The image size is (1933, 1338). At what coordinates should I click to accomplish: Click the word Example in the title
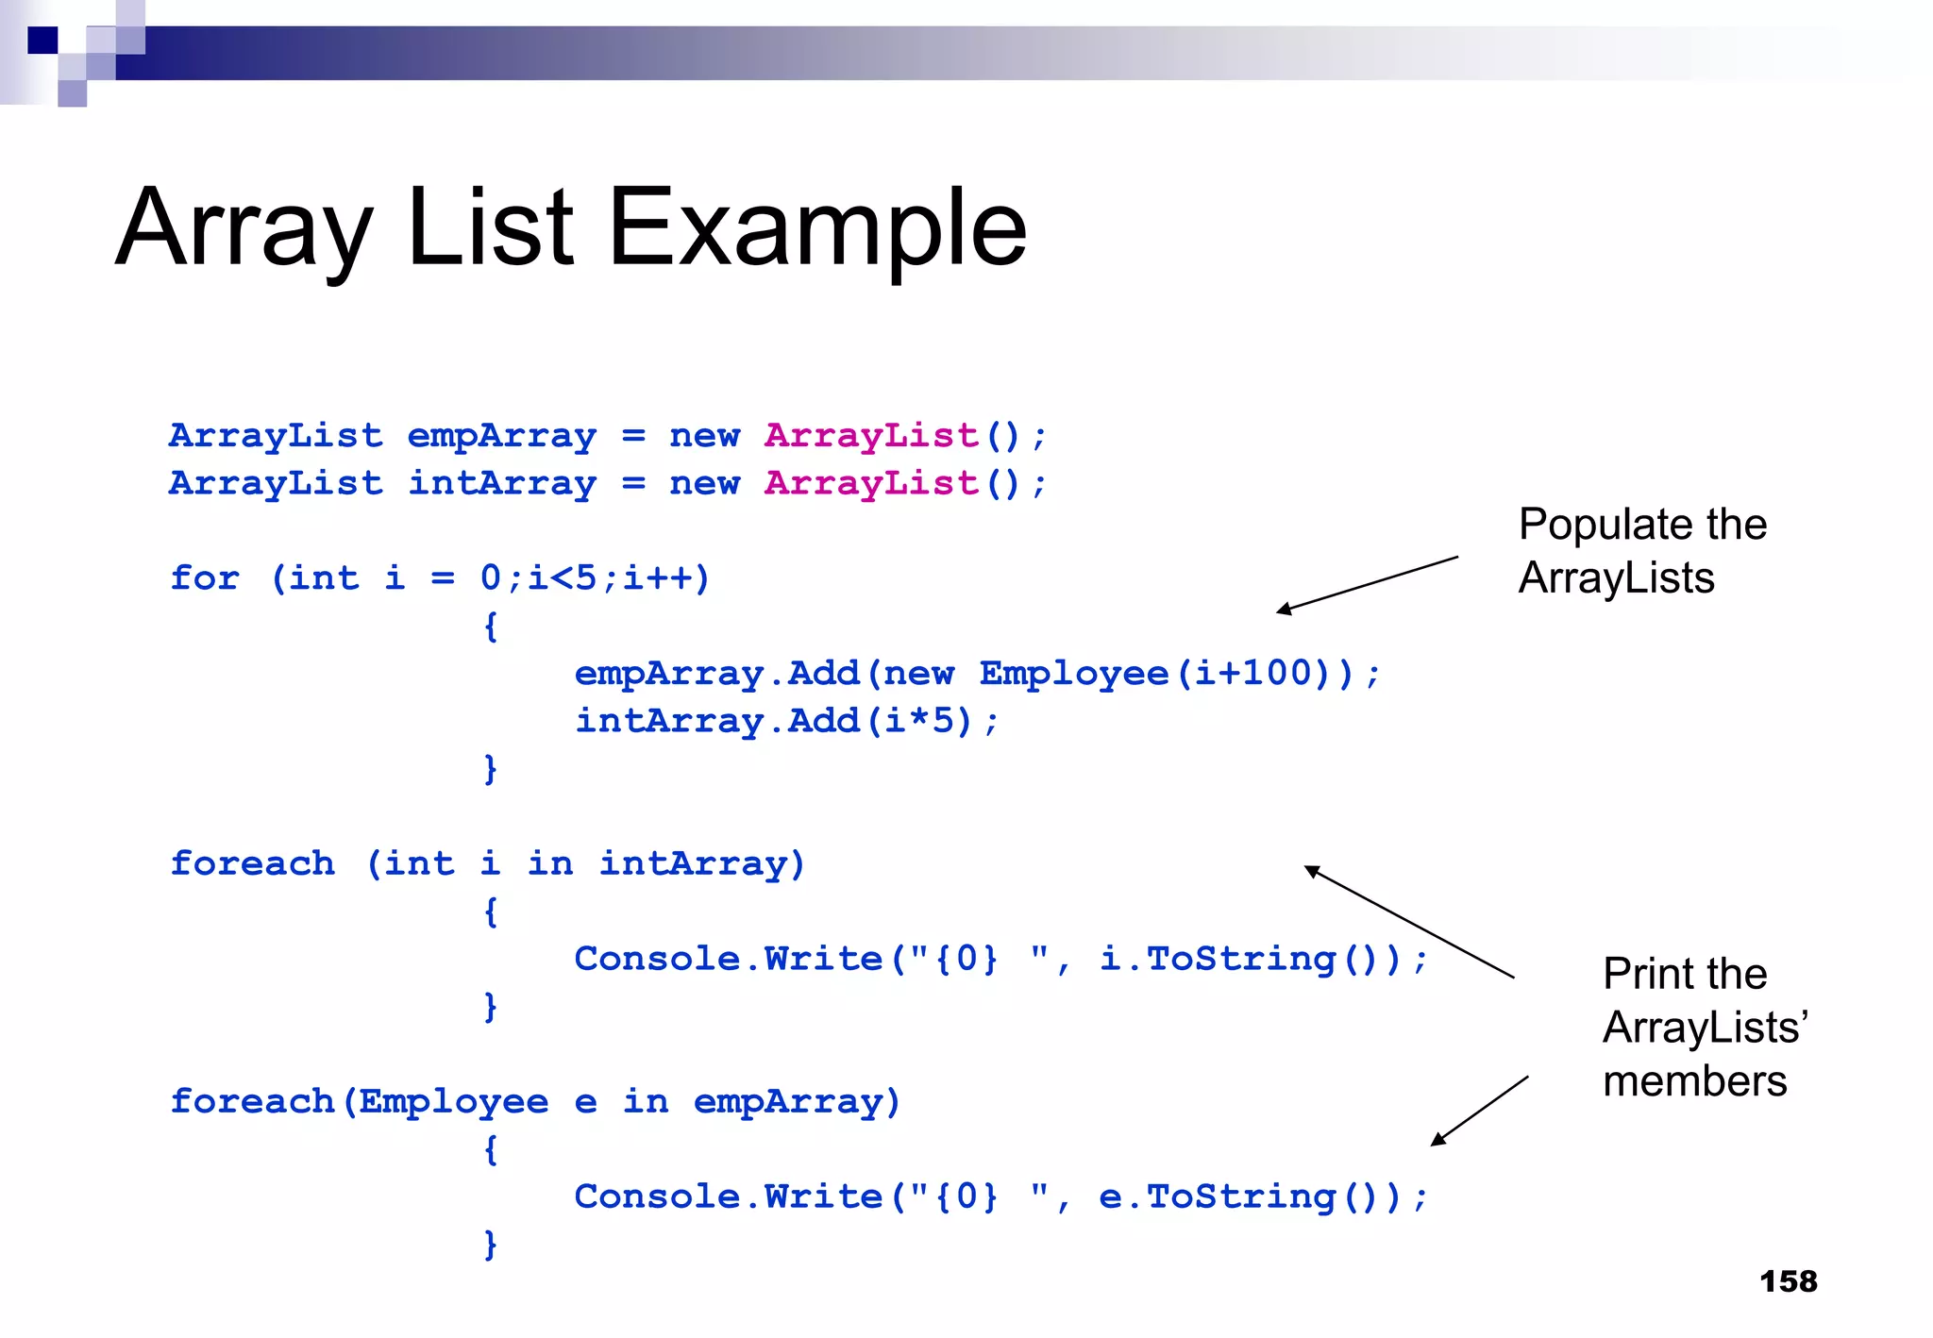(816, 227)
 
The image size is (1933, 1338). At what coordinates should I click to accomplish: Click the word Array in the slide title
(244, 227)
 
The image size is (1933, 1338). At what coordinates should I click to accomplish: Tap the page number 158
(1788, 1281)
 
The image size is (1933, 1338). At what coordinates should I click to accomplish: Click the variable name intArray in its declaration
(501, 483)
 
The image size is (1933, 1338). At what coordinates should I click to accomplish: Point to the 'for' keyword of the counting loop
(205, 577)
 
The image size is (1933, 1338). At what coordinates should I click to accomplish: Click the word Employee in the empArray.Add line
(1074, 674)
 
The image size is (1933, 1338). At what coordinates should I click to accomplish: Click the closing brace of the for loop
(490, 768)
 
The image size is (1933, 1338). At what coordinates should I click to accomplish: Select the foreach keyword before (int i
(252, 863)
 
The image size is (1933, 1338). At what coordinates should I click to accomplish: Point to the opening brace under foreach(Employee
(490, 1149)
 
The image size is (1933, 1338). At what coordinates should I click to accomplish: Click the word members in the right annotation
(1694, 1081)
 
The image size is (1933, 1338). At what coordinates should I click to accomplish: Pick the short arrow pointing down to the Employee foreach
(1479, 1111)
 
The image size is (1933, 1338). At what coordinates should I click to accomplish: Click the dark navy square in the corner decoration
(42, 41)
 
